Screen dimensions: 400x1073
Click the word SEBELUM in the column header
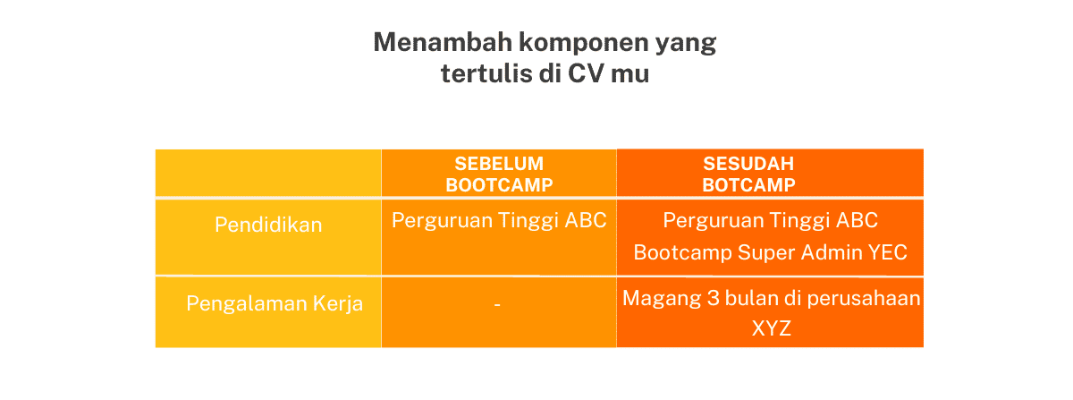point(499,165)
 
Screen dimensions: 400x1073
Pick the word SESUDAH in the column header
point(748,165)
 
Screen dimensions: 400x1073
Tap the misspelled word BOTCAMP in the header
point(748,185)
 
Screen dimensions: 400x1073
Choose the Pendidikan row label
point(268,225)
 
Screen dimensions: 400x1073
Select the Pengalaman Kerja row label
point(275,303)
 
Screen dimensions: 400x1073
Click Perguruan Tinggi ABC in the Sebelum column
point(499,220)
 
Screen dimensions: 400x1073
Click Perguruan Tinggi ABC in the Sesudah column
point(771,220)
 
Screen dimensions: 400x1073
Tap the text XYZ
point(771,329)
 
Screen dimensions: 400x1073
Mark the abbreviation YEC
point(887,252)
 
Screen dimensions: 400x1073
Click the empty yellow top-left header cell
point(268,174)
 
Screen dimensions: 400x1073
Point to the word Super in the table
point(765,252)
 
